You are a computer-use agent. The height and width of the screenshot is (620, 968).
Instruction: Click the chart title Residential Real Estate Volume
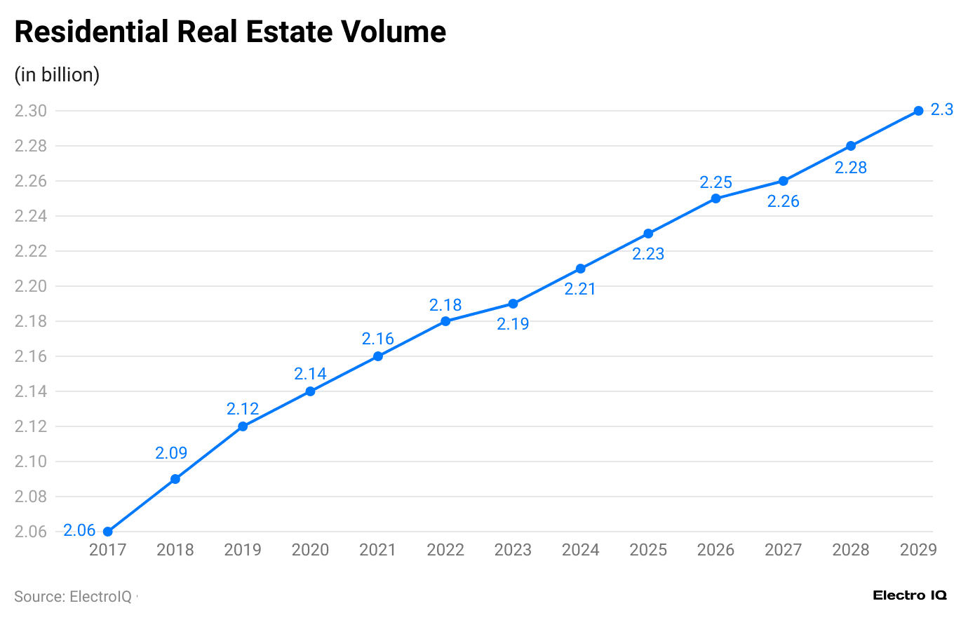(x=230, y=32)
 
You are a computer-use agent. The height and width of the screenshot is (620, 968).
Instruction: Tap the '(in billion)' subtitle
(x=57, y=75)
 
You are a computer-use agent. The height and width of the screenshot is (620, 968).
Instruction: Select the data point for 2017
(x=108, y=532)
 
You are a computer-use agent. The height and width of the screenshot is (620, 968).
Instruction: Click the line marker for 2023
(x=513, y=304)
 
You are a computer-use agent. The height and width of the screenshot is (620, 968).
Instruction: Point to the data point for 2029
(x=918, y=111)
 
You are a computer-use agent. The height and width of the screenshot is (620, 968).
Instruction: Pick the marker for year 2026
(x=715, y=198)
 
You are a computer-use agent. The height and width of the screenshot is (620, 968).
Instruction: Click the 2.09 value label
(x=171, y=453)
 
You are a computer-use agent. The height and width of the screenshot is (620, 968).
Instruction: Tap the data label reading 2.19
(x=513, y=324)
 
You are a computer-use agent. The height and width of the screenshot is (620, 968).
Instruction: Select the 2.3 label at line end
(x=941, y=109)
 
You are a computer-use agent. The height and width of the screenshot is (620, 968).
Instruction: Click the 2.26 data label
(x=783, y=201)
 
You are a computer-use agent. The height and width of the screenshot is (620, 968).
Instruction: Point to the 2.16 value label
(x=377, y=339)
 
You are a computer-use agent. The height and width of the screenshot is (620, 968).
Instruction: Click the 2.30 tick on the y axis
(x=31, y=111)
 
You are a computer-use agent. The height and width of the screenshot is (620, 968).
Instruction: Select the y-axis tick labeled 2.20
(x=31, y=286)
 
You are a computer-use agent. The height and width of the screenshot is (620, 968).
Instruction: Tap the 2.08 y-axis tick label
(x=31, y=497)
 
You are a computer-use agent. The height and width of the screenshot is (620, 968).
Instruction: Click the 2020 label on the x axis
(x=310, y=550)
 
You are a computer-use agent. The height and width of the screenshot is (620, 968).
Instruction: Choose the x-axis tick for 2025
(x=648, y=550)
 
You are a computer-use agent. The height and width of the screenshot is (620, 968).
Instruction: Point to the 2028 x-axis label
(x=850, y=550)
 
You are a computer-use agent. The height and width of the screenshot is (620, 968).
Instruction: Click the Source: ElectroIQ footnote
(x=73, y=597)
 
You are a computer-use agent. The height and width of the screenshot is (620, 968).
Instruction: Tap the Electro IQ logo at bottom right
(x=910, y=595)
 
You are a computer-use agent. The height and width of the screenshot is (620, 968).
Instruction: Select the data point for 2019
(x=243, y=426)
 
